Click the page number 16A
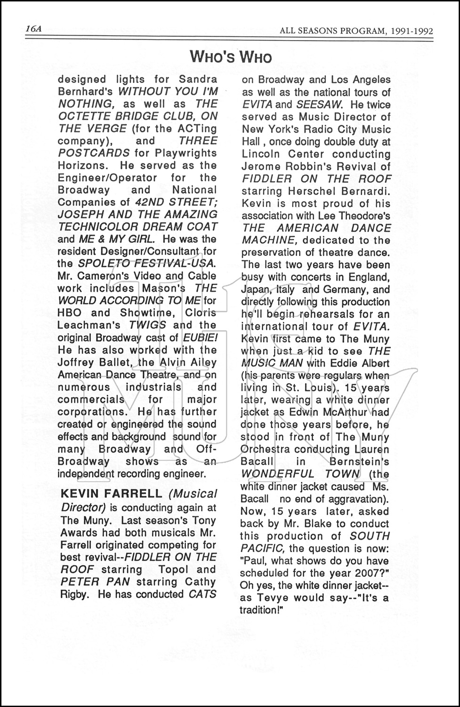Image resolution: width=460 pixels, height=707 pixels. click(x=34, y=29)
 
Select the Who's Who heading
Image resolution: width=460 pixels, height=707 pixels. click(x=231, y=57)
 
